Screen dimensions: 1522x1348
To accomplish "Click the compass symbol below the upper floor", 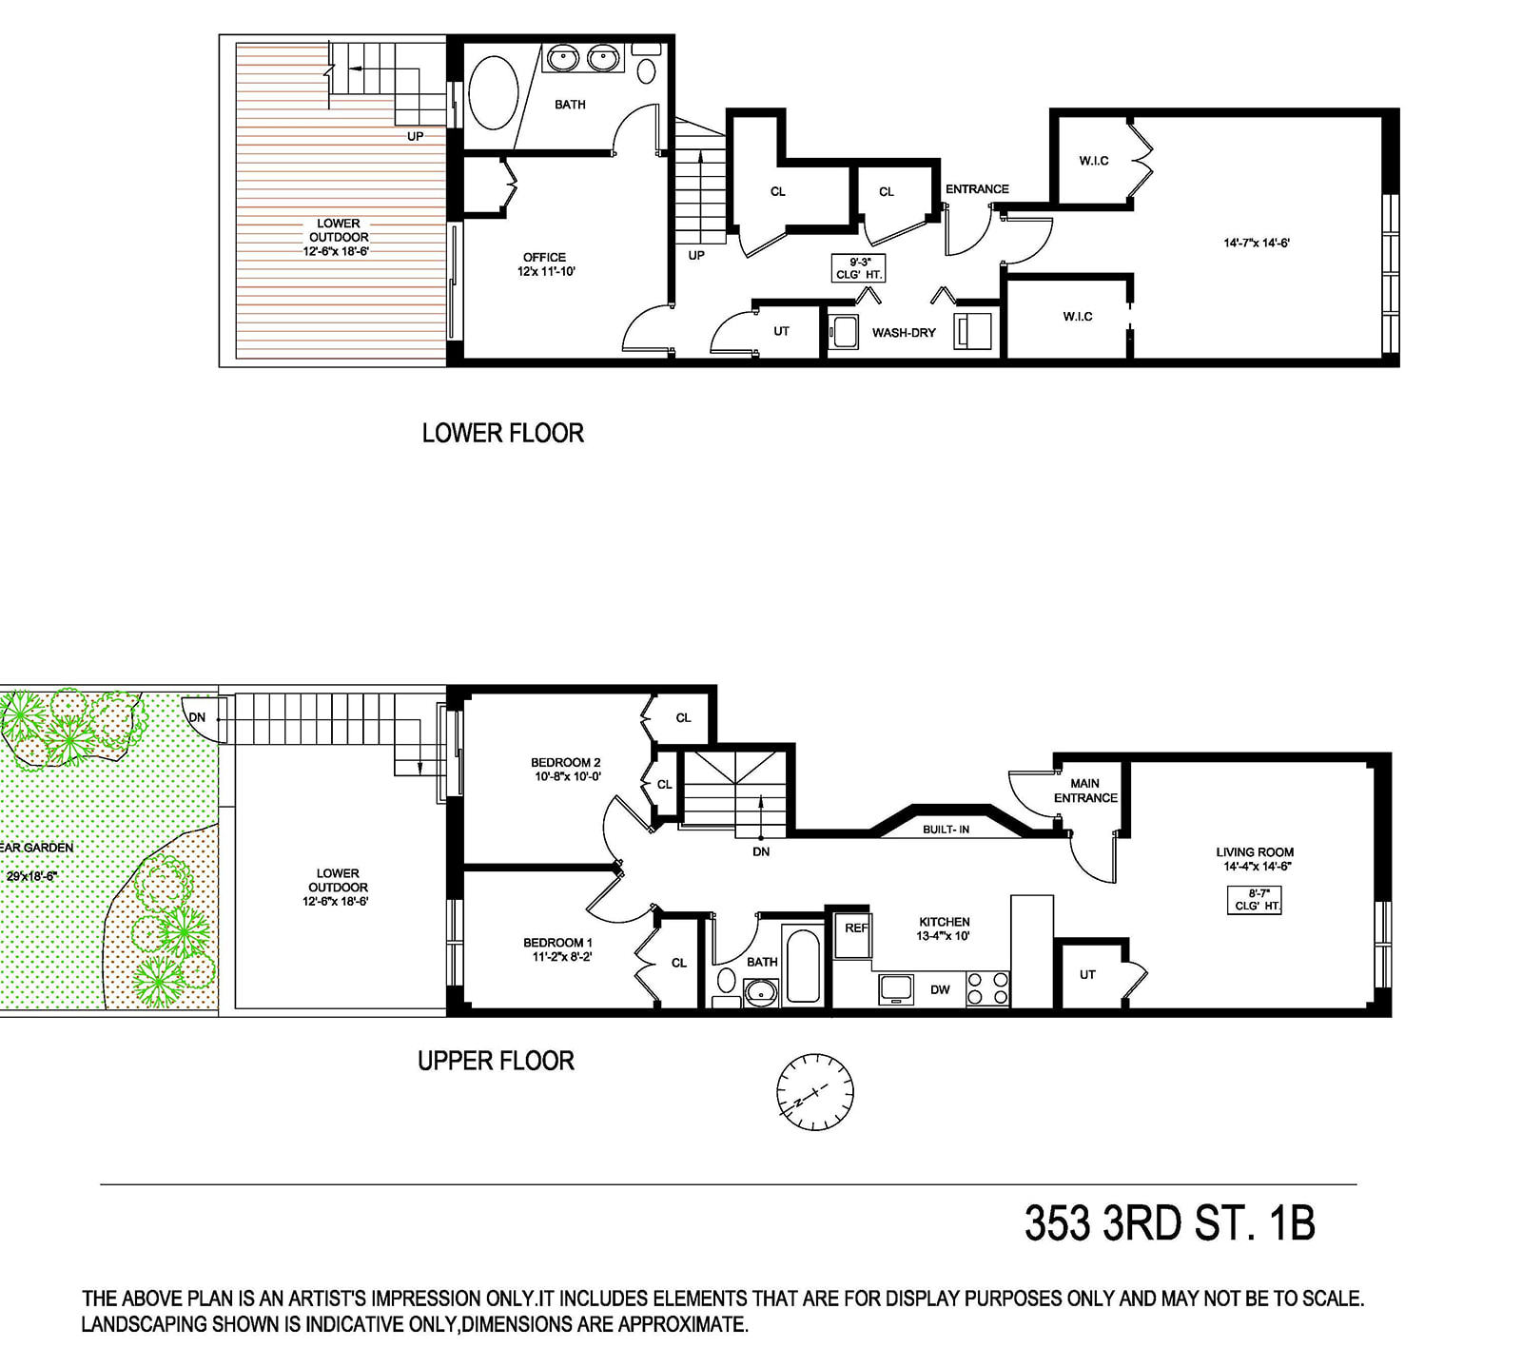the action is (x=814, y=1092).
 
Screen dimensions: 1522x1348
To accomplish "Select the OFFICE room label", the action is (x=544, y=258).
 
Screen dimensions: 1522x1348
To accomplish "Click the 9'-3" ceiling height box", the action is (x=859, y=267).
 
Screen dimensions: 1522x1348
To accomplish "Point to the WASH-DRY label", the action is (x=904, y=333).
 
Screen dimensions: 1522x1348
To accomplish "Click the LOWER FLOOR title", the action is (x=503, y=434).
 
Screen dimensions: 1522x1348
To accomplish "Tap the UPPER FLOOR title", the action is (x=496, y=1061).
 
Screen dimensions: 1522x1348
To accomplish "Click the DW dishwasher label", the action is (x=940, y=989).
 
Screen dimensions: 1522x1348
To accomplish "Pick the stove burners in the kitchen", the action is (x=987, y=988).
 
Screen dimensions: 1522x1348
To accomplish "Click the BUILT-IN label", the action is (x=946, y=830).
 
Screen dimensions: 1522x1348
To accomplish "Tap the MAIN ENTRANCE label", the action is (x=1085, y=791).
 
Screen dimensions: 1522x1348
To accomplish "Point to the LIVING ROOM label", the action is (x=1255, y=852).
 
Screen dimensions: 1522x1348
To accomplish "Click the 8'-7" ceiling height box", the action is (x=1255, y=900).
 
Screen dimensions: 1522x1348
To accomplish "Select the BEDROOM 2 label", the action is (x=565, y=762).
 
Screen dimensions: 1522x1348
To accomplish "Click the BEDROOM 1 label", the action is (x=557, y=943).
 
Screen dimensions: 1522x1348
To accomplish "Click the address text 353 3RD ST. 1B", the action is (x=1170, y=1223).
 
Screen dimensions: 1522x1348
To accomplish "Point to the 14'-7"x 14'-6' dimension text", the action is (x=1256, y=243).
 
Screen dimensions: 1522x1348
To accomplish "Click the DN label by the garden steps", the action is (x=197, y=717).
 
